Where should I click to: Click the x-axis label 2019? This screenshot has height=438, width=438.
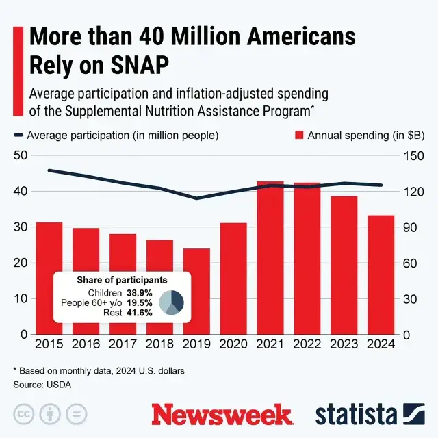[196, 344]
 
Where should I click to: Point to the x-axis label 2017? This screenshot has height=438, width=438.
[123, 344]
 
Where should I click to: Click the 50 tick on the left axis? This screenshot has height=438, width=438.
[21, 155]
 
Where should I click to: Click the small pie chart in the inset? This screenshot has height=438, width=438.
[171, 302]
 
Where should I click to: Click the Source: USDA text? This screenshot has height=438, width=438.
[42, 385]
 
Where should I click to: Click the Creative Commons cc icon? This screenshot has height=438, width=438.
[25, 415]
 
